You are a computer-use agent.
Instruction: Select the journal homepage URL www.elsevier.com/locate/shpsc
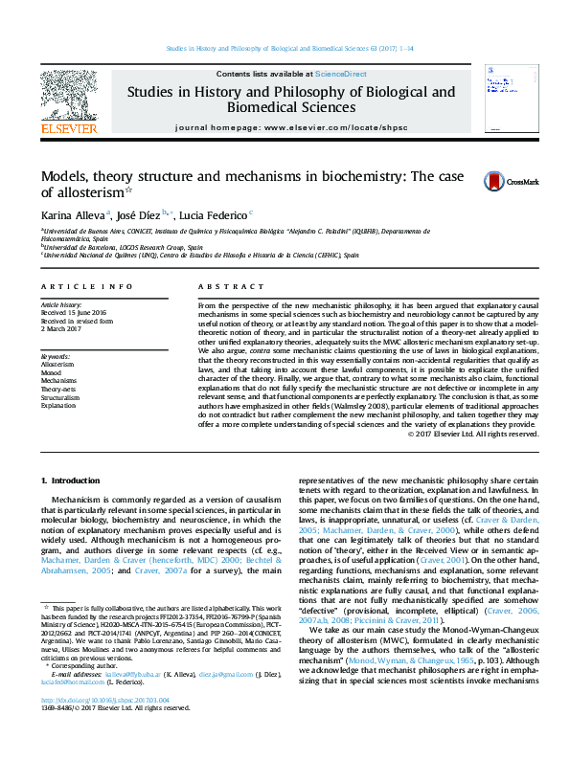click(332, 127)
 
